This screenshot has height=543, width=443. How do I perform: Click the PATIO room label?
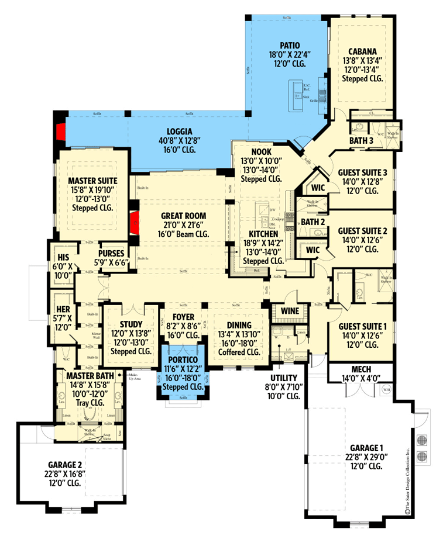(x=290, y=45)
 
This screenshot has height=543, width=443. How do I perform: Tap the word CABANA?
(x=362, y=51)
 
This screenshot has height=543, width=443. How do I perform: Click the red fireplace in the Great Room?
(x=134, y=223)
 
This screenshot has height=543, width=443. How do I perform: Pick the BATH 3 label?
(x=362, y=141)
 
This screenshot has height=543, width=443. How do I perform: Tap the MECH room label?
(x=361, y=369)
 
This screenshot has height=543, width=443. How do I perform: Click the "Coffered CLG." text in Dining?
(x=238, y=352)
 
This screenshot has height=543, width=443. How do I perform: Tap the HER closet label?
(x=63, y=309)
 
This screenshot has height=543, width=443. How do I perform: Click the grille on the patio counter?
(x=314, y=101)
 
